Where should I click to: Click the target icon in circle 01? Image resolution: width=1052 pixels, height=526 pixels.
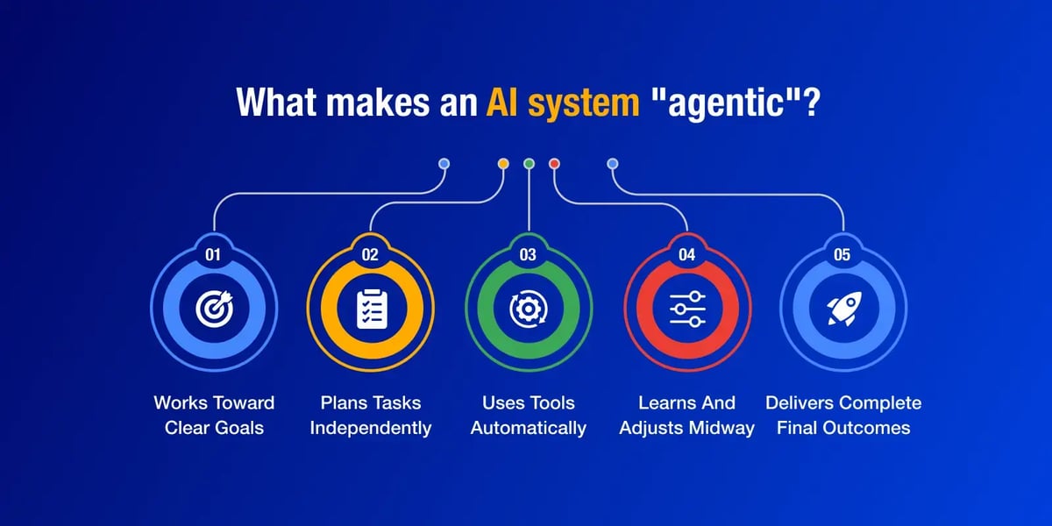214,309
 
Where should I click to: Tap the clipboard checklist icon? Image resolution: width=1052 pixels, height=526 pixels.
372,309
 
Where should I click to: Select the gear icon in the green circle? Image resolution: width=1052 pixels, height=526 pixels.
529,309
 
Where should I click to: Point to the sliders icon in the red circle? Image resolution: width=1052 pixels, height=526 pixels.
687,309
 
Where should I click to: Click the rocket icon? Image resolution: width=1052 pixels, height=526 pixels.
844,308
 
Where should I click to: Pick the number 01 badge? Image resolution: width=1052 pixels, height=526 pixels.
213,254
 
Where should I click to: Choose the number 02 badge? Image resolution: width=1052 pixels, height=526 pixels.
370,254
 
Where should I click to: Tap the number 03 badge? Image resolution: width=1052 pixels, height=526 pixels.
528,254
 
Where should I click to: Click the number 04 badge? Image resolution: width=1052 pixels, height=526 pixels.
686,254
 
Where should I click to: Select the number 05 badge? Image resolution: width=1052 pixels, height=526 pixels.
842,254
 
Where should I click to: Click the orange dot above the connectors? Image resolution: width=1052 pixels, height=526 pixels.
503,163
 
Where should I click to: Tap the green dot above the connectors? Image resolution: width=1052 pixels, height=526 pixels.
529,163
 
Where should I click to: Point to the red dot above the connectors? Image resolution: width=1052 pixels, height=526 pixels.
554,163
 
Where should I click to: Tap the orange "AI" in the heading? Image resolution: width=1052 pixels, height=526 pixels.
501,102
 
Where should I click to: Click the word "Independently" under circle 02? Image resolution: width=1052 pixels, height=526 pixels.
371,429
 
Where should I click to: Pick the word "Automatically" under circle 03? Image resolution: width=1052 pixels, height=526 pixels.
529,429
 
